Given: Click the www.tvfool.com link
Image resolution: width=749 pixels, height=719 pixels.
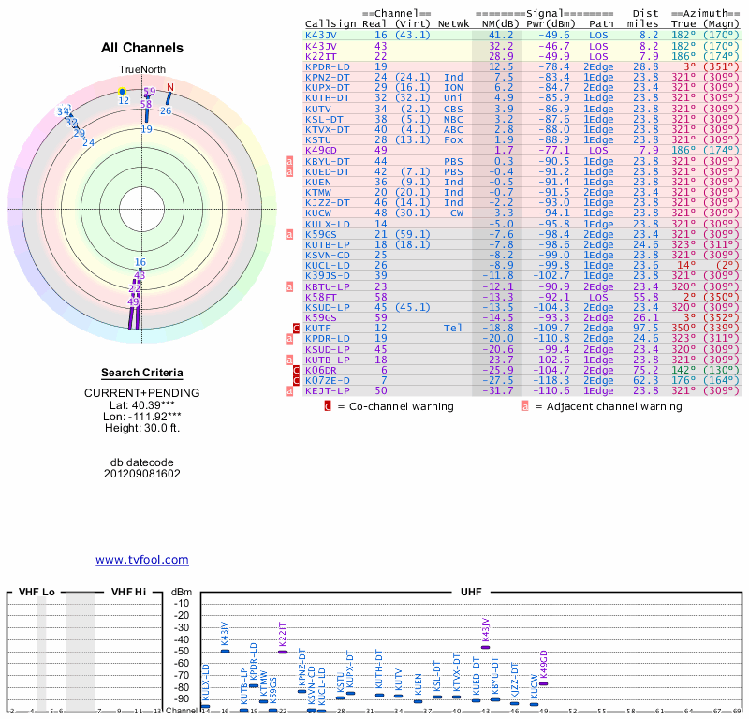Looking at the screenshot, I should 141,560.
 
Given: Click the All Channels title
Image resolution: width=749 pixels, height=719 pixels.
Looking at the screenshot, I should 142,48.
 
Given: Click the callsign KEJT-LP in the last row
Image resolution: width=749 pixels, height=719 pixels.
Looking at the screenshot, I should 328,389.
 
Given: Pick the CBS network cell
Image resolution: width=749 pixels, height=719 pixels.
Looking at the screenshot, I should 454,109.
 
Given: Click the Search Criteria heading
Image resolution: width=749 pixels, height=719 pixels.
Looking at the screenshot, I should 142,372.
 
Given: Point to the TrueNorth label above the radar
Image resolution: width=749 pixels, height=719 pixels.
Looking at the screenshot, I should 141,70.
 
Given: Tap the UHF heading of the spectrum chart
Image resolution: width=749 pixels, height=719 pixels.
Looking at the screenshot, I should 471,593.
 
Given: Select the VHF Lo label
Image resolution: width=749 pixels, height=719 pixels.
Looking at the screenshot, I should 37,593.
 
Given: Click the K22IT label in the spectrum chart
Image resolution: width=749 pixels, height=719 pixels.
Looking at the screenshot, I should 283,637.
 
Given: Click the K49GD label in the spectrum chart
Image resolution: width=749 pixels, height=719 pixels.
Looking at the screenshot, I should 544,664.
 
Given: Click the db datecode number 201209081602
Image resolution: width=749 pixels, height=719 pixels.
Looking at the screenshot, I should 142,474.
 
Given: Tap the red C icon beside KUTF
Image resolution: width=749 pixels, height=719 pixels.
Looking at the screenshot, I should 297,328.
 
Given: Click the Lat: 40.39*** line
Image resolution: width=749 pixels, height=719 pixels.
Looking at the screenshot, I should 142,404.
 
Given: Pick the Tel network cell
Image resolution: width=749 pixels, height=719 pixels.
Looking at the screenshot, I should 454,328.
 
